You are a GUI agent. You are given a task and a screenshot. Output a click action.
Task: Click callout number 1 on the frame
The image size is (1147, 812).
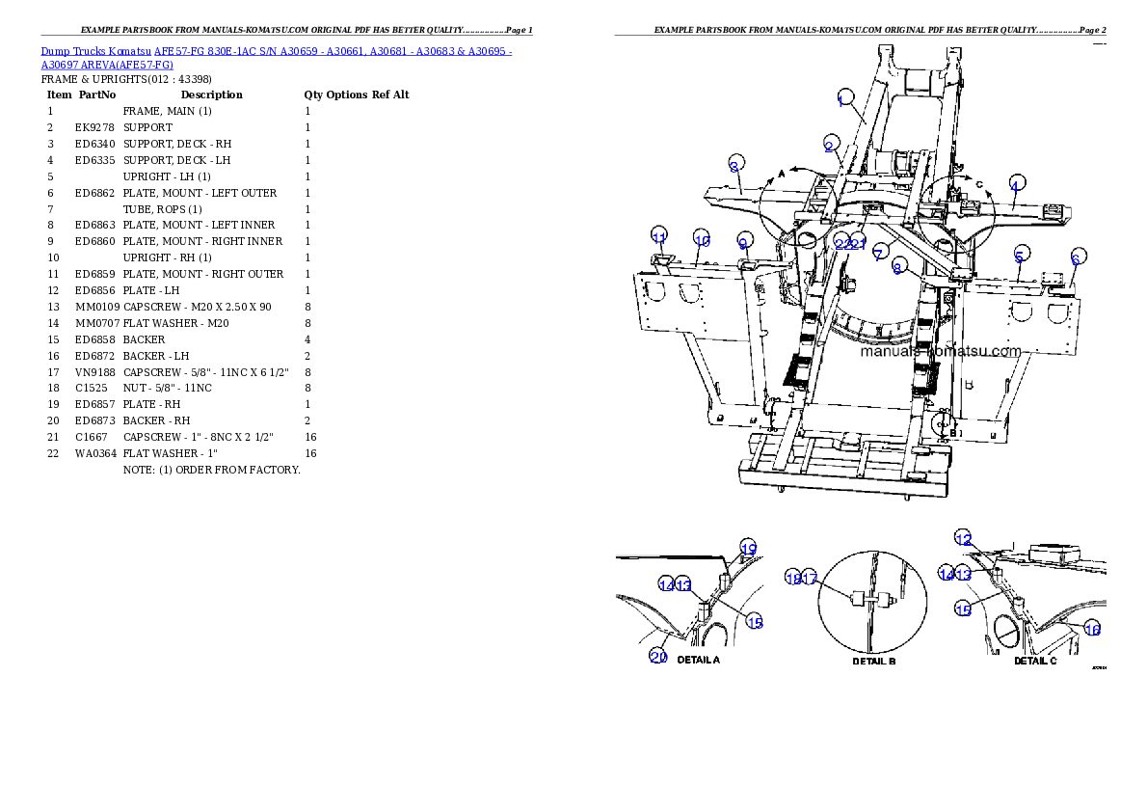[844, 99]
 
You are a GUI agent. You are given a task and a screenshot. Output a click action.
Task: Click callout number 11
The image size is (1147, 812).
[658, 237]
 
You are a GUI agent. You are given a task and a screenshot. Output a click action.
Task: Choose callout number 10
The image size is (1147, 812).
[702, 240]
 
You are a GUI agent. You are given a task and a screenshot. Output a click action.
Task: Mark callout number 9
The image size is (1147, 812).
[744, 240]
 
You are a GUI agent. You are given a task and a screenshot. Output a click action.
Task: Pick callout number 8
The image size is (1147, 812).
[897, 268]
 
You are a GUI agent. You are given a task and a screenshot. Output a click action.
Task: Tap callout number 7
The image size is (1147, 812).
[878, 254]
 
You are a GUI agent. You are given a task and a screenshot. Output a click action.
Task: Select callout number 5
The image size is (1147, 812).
[1019, 257]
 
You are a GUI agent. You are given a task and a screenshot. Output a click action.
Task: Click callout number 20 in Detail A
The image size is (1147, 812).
[658, 657]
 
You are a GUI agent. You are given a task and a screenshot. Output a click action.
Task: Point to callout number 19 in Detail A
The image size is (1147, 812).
[748, 548]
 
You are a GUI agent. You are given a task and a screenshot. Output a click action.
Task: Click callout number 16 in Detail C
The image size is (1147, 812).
[1092, 629]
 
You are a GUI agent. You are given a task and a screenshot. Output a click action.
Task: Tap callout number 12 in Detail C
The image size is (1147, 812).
[963, 538]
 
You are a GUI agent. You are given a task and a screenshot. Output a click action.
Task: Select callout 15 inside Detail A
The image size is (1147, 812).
[755, 622]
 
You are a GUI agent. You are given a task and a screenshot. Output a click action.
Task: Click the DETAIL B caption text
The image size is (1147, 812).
[874, 661]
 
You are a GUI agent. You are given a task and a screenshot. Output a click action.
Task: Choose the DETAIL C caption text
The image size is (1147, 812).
[1035, 661]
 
